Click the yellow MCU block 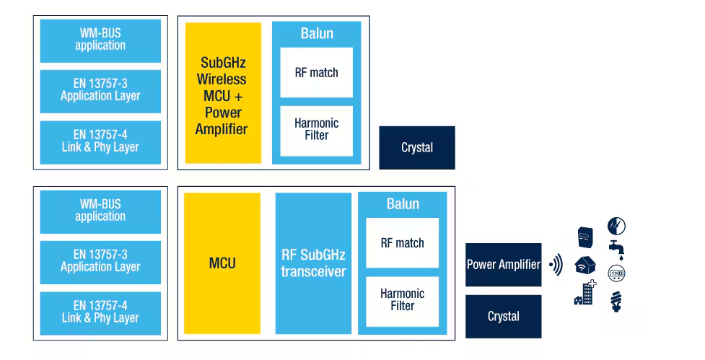coord(222,263)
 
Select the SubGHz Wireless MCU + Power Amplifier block coord(223,92)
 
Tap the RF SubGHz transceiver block coord(313,263)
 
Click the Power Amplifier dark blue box coord(503,265)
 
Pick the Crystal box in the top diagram coord(417,148)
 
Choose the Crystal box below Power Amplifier coord(503,317)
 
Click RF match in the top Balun coord(316,72)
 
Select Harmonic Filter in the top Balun coord(316,130)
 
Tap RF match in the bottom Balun coord(402,243)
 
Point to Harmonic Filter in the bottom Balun coord(402,300)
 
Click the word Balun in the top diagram coord(317,34)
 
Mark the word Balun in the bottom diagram coord(403,204)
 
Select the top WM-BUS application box coord(100,40)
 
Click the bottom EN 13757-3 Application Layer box coord(100,261)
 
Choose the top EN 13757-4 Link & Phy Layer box coord(100,141)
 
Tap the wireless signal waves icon coord(556,265)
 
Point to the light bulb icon coord(616,301)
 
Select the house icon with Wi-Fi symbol coord(584,265)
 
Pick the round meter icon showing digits coord(616,274)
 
